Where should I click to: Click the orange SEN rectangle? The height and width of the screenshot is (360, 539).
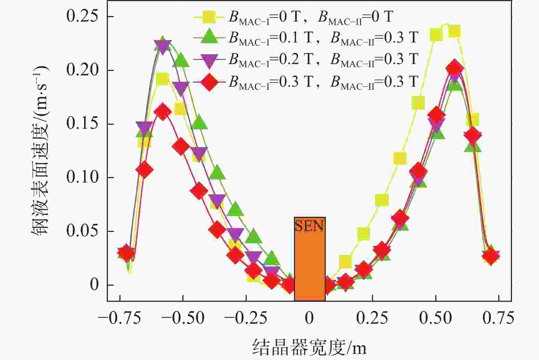(310, 259)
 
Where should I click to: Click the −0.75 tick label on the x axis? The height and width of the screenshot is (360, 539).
(119, 318)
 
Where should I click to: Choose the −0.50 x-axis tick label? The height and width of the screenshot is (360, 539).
(183, 318)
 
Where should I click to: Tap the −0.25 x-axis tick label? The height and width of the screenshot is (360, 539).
(246, 318)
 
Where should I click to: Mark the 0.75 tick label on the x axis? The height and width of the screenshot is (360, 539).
(498, 318)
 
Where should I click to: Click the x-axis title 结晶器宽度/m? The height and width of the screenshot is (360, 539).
(309, 347)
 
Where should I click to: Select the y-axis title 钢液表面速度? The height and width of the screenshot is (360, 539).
(41, 151)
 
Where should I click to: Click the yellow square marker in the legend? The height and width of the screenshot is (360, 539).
(209, 17)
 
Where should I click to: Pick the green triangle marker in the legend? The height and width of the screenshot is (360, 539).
(209, 37)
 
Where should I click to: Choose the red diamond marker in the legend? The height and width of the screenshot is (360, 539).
(209, 82)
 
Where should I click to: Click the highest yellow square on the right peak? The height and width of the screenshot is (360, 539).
(454, 31)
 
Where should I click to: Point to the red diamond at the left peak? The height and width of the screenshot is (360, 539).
(163, 112)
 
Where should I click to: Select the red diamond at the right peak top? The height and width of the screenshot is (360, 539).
(454, 68)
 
